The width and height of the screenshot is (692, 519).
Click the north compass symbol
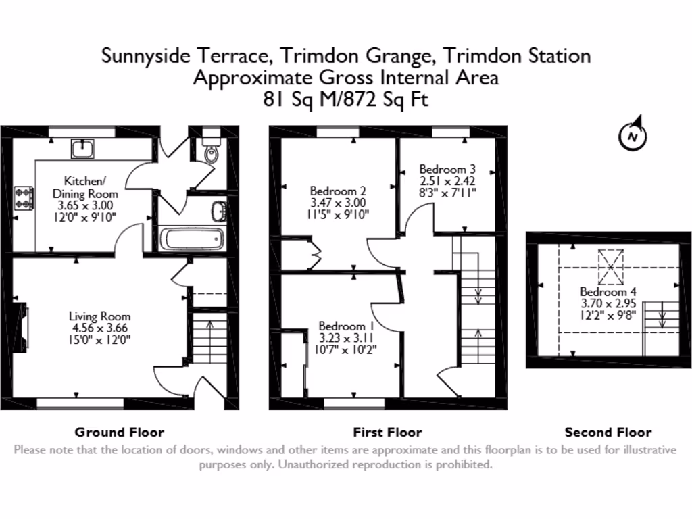pos(633,137)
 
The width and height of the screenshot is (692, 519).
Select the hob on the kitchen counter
pos(24,197)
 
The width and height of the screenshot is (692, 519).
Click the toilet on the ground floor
pos(212,150)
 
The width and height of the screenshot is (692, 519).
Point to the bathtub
pos(191,239)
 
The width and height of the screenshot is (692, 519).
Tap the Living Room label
pos(99,316)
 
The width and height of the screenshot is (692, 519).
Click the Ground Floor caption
pos(119,432)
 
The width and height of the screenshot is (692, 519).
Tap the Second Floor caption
pos(608,432)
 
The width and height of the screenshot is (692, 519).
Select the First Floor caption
pos(387,432)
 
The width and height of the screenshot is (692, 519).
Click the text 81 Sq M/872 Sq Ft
pos(345,99)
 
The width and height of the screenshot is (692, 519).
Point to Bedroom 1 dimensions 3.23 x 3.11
pos(347,337)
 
